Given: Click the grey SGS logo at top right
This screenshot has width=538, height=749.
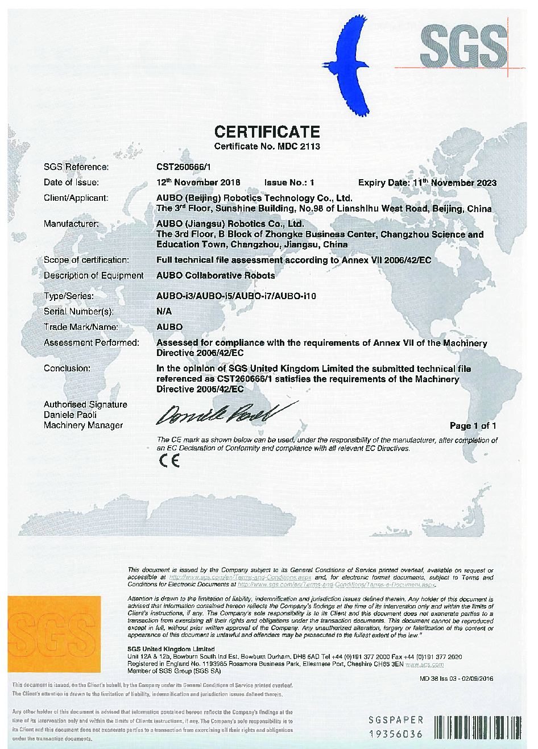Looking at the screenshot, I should pyautogui.click(x=463, y=45).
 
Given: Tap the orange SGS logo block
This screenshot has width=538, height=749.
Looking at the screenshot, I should pyautogui.click(x=55, y=634).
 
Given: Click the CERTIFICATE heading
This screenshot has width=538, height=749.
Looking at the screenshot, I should pyautogui.click(x=267, y=132).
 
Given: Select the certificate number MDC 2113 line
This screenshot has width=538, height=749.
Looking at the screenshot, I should pyautogui.click(x=267, y=147).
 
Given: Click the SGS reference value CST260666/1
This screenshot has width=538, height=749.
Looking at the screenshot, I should pyautogui.click(x=184, y=167).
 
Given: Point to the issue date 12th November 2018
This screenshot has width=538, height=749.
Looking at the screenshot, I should pyautogui.click(x=198, y=183).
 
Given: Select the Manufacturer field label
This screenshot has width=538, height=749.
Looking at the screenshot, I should pyautogui.click(x=71, y=224).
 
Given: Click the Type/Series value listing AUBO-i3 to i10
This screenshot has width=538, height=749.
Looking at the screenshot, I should pyautogui.click(x=236, y=296).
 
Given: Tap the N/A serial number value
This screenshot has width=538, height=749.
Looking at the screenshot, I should pyautogui.click(x=164, y=312).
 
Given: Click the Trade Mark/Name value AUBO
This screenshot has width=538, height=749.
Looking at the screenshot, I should pyautogui.click(x=169, y=327).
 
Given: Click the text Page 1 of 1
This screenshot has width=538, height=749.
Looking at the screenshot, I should pyautogui.click(x=473, y=426).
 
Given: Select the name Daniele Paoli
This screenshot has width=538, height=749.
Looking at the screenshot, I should pyautogui.click(x=71, y=415).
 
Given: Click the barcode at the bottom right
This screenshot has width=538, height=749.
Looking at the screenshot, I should pyautogui.click(x=477, y=727).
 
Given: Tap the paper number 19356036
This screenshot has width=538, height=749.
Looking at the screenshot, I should pyautogui.click(x=396, y=734).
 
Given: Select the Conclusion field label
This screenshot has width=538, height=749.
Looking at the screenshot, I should pyautogui.click(x=67, y=369).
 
